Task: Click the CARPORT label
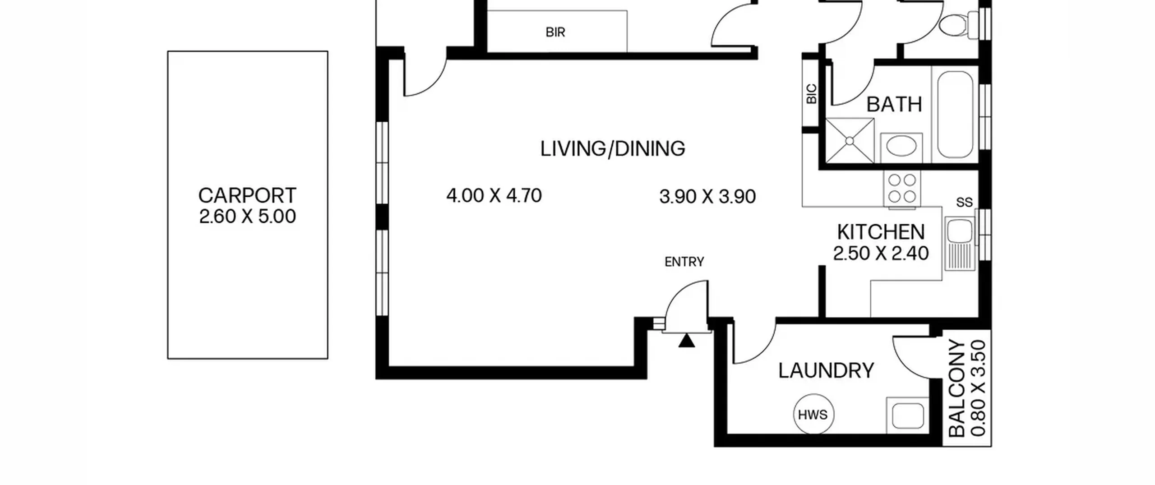[247, 196]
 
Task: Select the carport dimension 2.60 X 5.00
[247, 217]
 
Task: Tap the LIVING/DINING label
[613, 149]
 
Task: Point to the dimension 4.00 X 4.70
[494, 196]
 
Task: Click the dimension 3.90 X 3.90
[707, 197]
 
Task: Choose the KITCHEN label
[881, 232]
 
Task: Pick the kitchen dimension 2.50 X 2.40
[881, 254]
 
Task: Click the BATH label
[894, 105]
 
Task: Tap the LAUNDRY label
[826, 371]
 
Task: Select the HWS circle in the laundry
[813, 414]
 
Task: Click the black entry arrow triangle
[687, 341]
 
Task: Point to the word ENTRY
[684, 262]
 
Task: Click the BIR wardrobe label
[555, 32]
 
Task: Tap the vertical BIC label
[811, 94]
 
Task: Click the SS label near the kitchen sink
[964, 203]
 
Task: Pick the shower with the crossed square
[850, 141]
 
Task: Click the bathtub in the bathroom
[955, 115]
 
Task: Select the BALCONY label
[956, 388]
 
